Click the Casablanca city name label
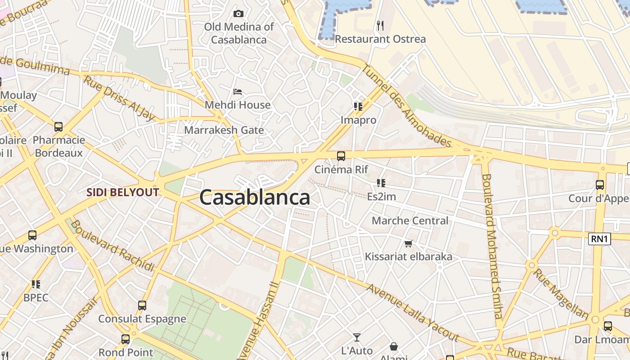point(255,198)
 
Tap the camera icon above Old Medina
point(238,14)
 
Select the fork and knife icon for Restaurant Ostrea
point(380,26)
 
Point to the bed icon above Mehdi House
point(238,92)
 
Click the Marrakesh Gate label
point(224,130)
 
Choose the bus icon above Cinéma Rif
point(341,156)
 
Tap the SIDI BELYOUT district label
point(123,193)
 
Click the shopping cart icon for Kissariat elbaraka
point(408,243)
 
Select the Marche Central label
point(410,221)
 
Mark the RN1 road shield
point(599,239)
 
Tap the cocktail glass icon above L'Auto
point(357,337)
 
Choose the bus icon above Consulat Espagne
point(142,306)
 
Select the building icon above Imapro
point(358,107)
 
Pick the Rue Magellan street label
point(561,293)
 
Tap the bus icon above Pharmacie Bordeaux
point(58,127)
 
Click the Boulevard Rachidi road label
point(112,246)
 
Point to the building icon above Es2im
point(381,183)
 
